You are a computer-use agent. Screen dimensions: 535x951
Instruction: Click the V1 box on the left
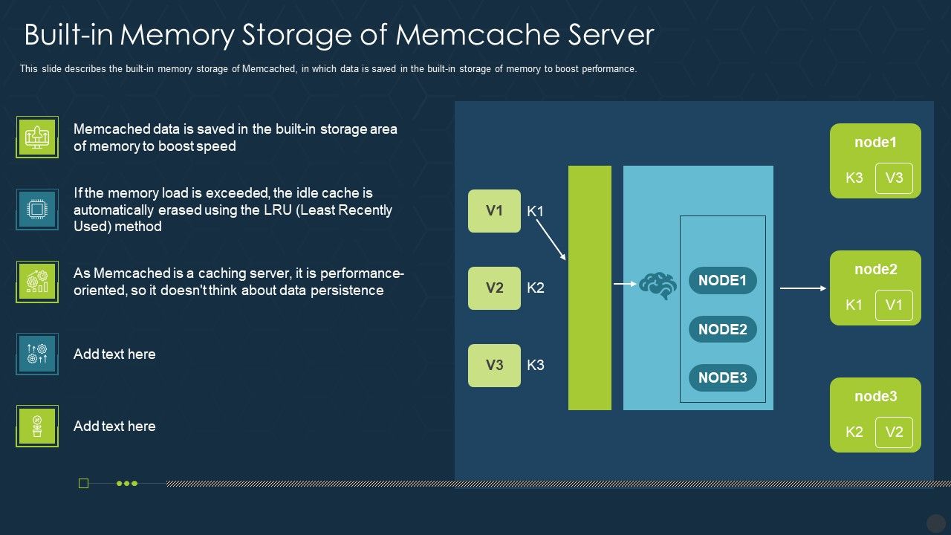pos(494,211)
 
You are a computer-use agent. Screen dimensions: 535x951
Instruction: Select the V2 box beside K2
pos(494,288)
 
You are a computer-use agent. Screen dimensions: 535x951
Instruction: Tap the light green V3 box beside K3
pos(494,365)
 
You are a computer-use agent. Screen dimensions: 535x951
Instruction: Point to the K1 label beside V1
pos(535,211)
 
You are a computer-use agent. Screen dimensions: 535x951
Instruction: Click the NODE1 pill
pos(722,281)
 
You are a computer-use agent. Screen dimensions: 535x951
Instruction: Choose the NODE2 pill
pos(722,329)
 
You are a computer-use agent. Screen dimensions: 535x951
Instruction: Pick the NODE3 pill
pos(722,377)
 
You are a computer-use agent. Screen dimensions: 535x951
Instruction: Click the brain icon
pos(658,285)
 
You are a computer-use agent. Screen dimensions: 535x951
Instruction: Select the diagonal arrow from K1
pos(551,239)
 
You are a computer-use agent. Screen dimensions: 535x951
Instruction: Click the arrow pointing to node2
pos(802,288)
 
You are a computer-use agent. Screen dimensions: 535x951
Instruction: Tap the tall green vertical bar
pos(589,288)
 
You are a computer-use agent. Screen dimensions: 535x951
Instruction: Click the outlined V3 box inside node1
pos(894,178)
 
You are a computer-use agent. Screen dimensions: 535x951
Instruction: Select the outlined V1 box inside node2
pos(894,305)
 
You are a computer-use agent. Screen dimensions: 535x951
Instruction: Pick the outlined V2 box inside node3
pos(894,432)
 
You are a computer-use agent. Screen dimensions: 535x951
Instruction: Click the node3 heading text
pos(875,396)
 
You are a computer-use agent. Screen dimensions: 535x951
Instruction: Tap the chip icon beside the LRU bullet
pos(37,210)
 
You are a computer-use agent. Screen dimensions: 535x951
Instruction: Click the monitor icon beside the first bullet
pos(37,137)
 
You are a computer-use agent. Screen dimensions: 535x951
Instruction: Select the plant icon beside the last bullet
pos(37,427)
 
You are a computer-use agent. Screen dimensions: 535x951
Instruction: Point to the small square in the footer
pos(83,484)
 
